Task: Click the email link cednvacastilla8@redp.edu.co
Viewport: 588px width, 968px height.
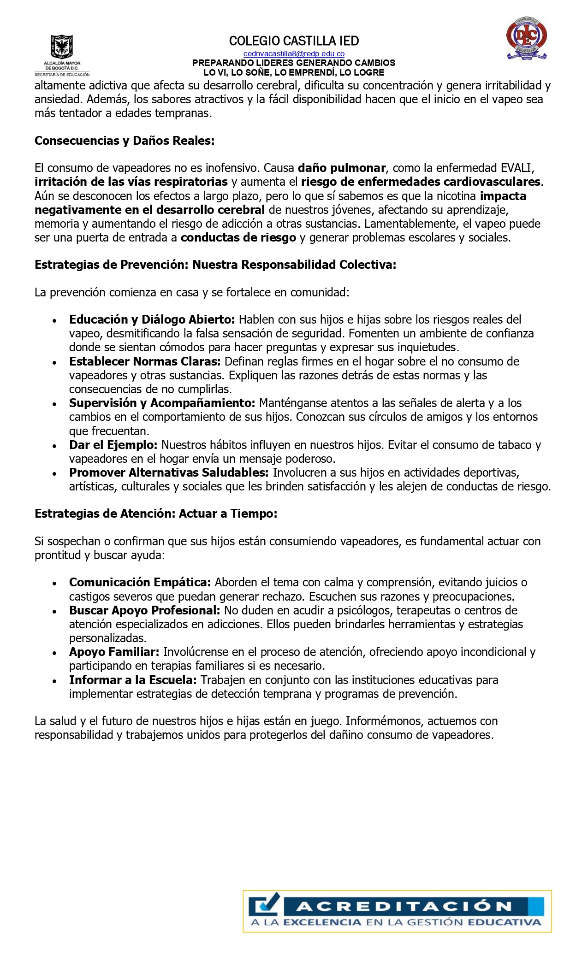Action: pos(294,54)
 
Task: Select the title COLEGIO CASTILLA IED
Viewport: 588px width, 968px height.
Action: pos(294,41)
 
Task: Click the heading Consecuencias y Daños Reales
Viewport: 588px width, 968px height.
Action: pos(125,141)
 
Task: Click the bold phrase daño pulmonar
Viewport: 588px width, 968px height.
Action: pos(342,168)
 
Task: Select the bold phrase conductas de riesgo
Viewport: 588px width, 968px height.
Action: pos(238,238)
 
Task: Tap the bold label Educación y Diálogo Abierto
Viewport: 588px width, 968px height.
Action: pos(152,320)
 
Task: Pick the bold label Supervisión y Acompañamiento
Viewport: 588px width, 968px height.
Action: pos(162,403)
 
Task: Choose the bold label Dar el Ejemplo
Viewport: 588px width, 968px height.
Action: pos(113,445)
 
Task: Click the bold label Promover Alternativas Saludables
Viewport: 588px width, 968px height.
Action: pos(169,473)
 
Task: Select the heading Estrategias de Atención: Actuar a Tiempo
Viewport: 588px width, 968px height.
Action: pos(156,514)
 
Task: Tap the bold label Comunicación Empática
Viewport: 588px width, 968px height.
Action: pos(140,583)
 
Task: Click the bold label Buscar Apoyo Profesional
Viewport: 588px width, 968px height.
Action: pos(144,611)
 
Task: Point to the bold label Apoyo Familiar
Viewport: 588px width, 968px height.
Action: pos(114,652)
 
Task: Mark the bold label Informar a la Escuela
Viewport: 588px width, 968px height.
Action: pos(133,680)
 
